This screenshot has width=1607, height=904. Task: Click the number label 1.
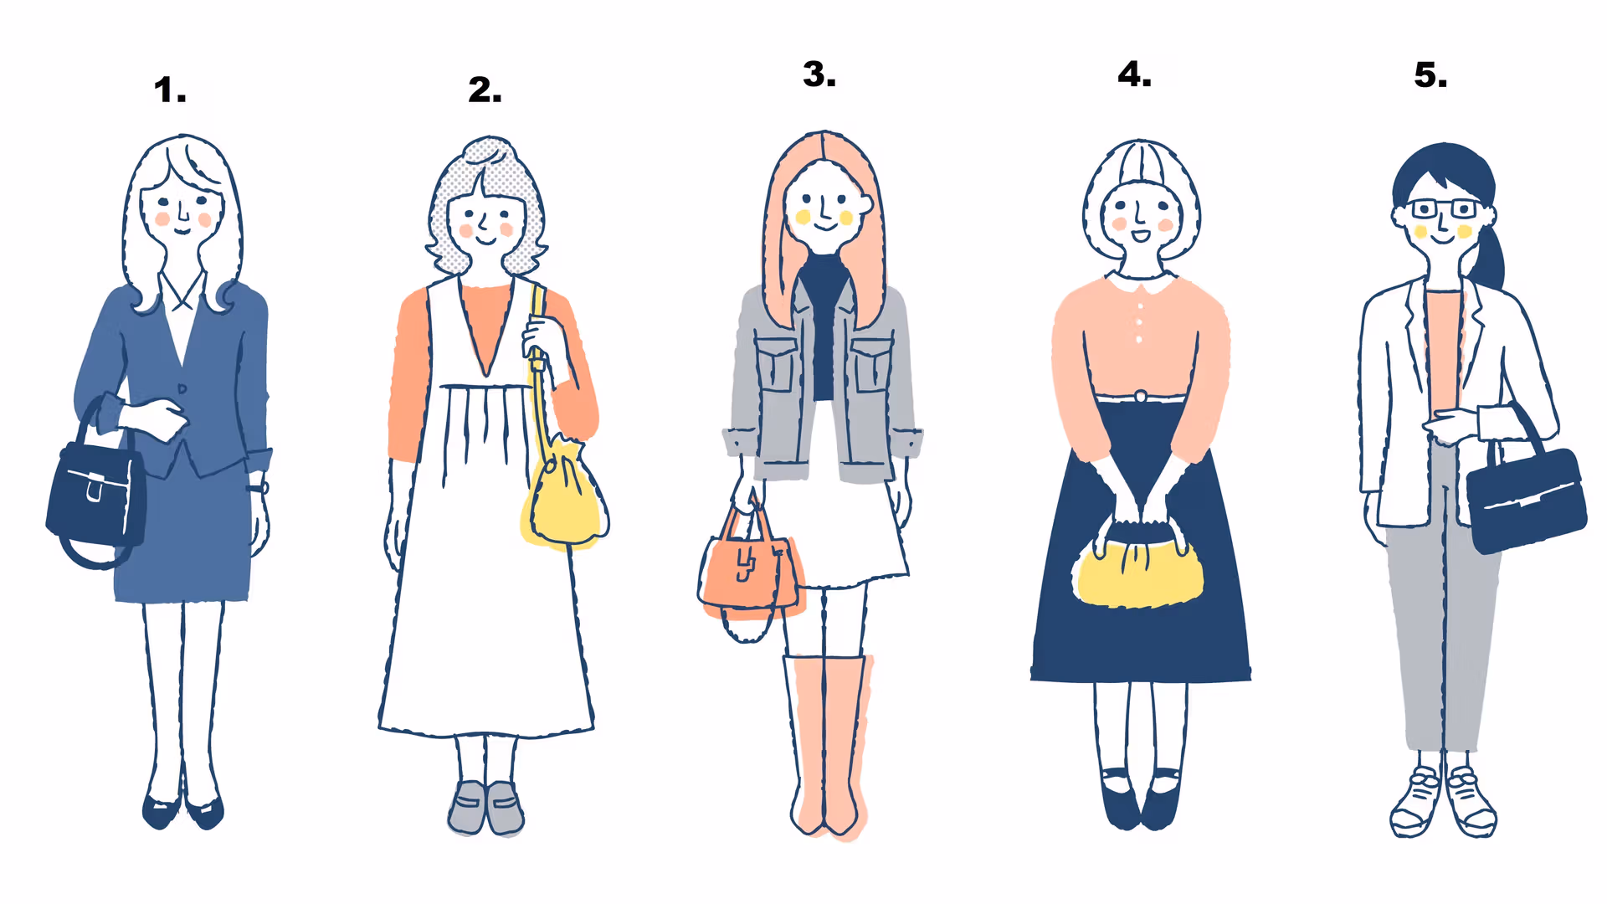pyautogui.click(x=169, y=90)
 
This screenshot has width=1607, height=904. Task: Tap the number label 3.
pyautogui.click(x=819, y=74)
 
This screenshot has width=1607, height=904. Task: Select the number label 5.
pyautogui.click(x=1430, y=75)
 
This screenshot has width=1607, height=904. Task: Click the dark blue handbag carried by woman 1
pyautogui.click(x=94, y=494)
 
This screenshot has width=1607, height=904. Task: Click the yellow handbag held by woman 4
pyautogui.click(x=1138, y=569)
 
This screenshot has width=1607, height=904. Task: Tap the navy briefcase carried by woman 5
pyautogui.click(x=1526, y=499)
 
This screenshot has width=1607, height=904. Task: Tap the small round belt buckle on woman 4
pyautogui.click(x=1140, y=396)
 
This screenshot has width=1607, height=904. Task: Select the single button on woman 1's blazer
pyautogui.click(x=182, y=389)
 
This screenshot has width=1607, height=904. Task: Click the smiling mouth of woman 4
pyautogui.click(x=1140, y=235)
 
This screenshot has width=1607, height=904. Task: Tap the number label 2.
pyautogui.click(x=485, y=90)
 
